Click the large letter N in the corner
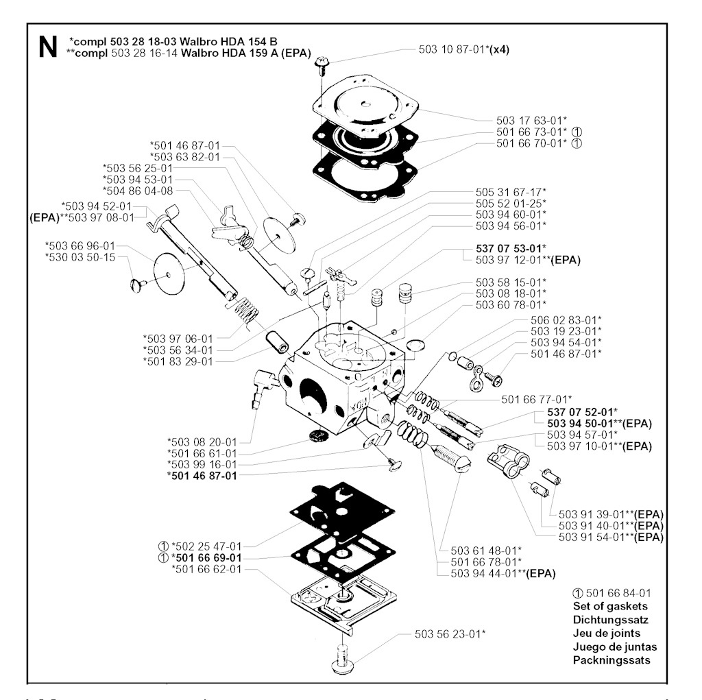click(x=47, y=47)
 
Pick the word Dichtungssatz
click(x=609, y=619)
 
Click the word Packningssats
click(x=611, y=660)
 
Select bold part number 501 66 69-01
click(x=206, y=558)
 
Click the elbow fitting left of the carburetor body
click(x=264, y=385)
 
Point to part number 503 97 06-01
click(x=178, y=338)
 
